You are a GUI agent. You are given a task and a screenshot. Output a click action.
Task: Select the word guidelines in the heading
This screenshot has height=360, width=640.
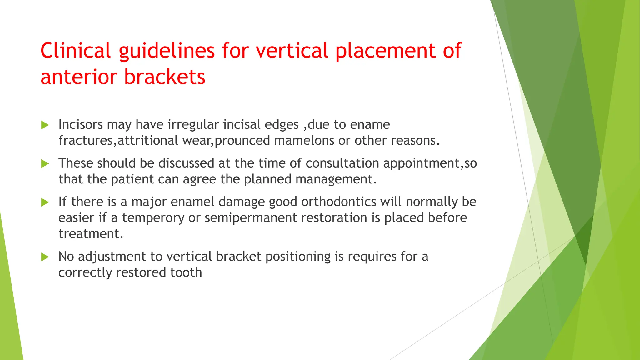[167, 51]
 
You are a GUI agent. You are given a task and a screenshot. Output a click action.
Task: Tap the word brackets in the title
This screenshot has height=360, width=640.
[165, 77]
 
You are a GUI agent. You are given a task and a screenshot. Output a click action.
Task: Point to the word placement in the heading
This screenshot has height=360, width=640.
[385, 51]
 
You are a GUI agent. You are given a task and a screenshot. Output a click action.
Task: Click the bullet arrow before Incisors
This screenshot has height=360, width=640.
[45, 125]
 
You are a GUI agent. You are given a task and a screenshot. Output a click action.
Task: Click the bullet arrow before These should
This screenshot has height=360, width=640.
[45, 163]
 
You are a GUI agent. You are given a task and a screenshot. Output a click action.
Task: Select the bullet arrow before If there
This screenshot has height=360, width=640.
[45, 202]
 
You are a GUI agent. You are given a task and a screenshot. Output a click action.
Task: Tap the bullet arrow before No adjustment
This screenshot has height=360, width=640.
[45, 257]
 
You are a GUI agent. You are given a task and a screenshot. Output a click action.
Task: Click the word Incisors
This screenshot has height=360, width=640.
[81, 124]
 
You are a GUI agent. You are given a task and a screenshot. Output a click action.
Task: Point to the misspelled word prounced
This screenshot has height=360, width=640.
[242, 140]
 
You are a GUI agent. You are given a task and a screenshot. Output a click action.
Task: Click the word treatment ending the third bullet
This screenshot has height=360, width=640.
[91, 234]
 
